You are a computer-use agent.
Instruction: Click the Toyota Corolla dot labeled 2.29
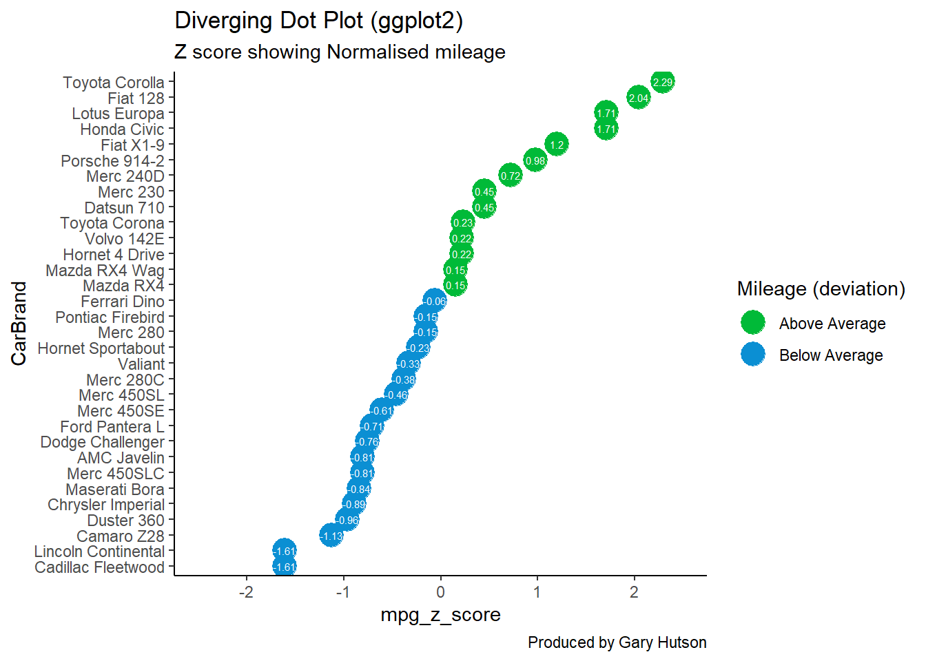(662, 82)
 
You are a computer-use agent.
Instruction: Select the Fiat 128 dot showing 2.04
(638, 98)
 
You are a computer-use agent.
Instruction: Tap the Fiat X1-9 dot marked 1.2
(557, 144)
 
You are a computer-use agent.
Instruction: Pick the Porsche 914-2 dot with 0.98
(535, 160)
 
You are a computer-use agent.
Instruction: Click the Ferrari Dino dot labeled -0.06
(435, 301)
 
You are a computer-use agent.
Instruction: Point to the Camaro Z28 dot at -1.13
(331, 536)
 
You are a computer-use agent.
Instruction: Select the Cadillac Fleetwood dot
(285, 567)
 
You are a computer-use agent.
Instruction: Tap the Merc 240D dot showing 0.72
(510, 176)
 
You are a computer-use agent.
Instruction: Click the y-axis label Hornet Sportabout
(101, 348)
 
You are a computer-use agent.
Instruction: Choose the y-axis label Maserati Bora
(115, 489)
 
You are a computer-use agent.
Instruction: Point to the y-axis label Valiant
(141, 364)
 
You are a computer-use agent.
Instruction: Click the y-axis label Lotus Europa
(119, 114)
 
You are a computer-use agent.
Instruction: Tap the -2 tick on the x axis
(247, 592)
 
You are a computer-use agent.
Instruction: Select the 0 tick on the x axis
(440, 592)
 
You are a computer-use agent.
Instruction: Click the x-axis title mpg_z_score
(441, 615)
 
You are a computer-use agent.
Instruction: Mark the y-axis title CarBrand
(19, 324)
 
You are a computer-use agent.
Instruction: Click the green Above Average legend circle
(753, 322)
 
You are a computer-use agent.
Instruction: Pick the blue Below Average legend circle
(753, 354)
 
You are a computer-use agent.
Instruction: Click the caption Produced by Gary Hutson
(617, 643)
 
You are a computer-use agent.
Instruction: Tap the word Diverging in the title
(223, 21)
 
